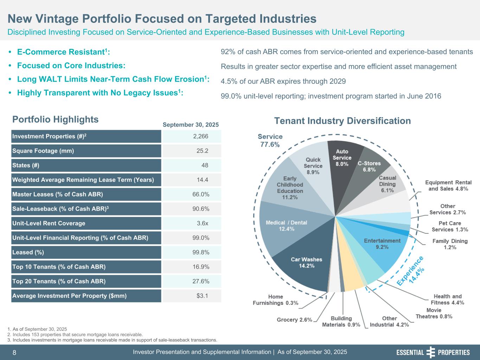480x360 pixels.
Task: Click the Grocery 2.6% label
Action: point(295,320)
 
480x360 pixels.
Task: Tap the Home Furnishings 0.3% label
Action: point(275,300)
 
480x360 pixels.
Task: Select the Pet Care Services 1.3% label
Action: point(450,226)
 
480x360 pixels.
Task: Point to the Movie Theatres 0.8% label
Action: point(434,313)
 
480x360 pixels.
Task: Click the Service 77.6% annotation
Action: point(270,140)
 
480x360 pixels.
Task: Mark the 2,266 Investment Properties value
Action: point(201,136)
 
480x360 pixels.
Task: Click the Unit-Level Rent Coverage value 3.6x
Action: point(202,223)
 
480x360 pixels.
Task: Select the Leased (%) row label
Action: point(28,252)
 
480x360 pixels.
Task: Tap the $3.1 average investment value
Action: point(202,296)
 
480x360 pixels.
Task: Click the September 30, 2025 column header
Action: point(191,125)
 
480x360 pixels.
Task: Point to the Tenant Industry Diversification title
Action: point(342,121)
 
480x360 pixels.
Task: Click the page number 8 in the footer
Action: point(14,353)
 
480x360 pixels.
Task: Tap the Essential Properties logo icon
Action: point(430,352)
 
